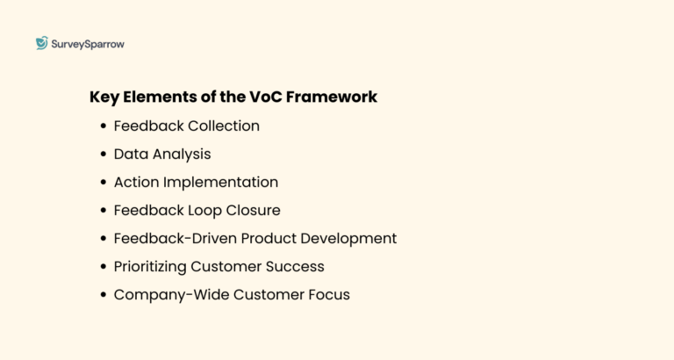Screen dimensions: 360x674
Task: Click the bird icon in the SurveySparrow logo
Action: (41, 43)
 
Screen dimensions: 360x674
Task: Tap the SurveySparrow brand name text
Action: (88, 44)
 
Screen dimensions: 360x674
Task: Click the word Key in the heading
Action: (104, 97)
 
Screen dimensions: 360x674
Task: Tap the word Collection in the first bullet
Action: (224, 126)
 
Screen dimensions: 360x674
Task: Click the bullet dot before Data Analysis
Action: (104, 155)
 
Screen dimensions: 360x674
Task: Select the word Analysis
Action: (182, 154)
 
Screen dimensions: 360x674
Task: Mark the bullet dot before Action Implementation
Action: (104, 183)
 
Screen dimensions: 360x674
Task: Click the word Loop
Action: (200, 210)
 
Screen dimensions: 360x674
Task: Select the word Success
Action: (296, 266)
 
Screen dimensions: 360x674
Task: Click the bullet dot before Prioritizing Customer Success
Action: (104, 267)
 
